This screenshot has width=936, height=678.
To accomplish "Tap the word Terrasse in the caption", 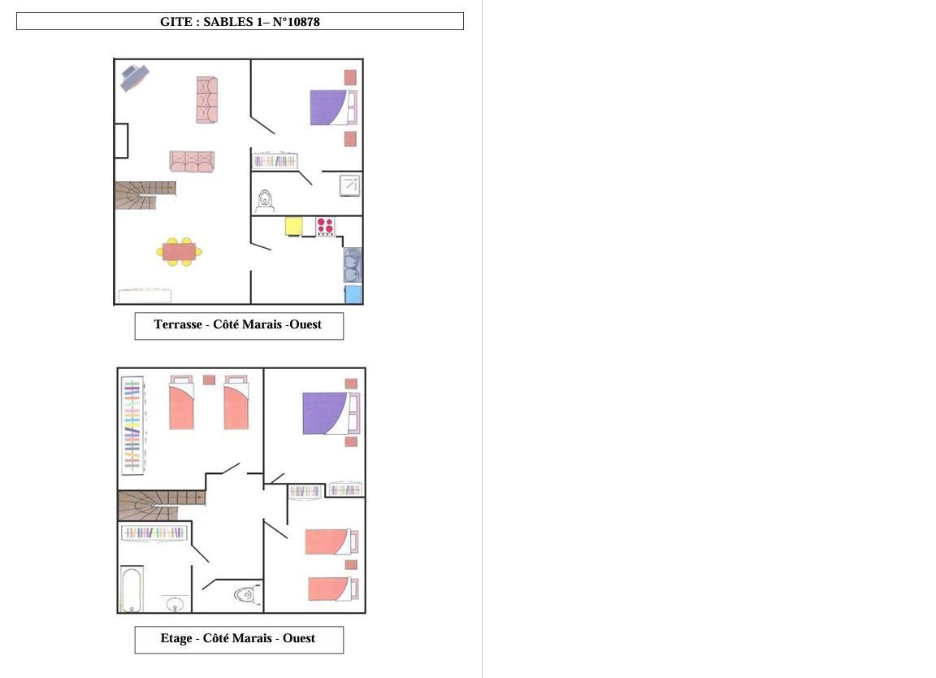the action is point(178,324).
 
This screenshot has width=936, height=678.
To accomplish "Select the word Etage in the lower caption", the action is point(176,638).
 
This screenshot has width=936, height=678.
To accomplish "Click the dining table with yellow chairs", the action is point(179,251).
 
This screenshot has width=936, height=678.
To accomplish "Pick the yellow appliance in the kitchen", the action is point(293,226).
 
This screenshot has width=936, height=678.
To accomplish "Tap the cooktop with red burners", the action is point(325,226).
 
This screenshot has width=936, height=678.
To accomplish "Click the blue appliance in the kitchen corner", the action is point(353,294).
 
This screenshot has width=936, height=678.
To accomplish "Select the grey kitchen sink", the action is point(352,265).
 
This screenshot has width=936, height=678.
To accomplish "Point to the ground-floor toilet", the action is point(265,201).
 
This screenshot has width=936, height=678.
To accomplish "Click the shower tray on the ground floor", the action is point(350,185).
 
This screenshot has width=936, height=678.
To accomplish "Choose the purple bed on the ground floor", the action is point(333,107).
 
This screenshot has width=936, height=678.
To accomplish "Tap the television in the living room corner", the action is point(134,78).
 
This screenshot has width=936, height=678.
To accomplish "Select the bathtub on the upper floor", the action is point(132,589).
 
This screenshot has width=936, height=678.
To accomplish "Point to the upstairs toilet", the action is point(247,594).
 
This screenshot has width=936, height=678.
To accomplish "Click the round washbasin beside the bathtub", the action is point(175,603).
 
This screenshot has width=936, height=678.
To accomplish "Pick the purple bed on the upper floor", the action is point(331,413).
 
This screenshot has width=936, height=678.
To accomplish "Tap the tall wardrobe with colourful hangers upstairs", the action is point(132,425).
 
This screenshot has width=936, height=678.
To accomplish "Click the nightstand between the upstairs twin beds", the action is point(209,380).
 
